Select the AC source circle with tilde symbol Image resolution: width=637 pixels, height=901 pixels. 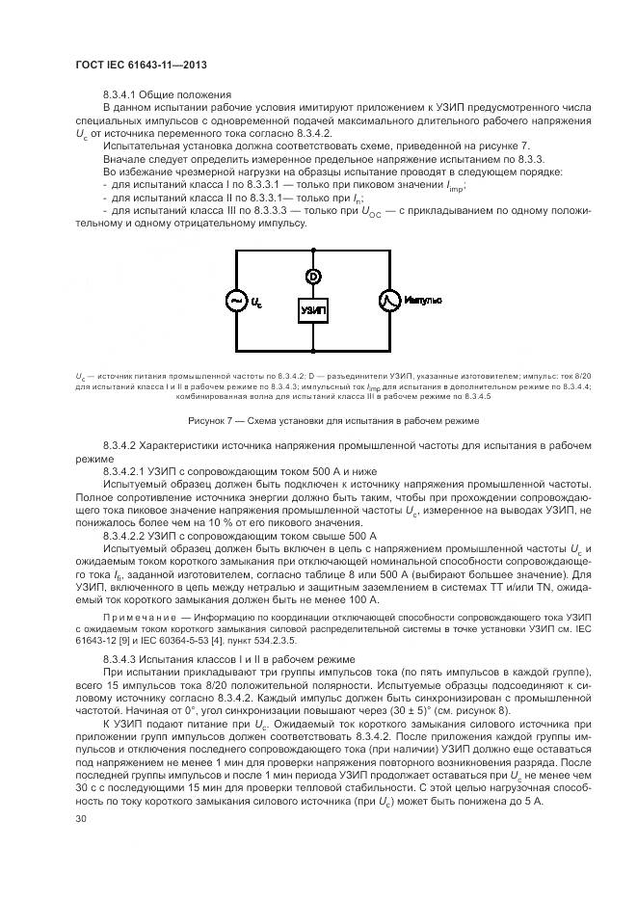[235, 302]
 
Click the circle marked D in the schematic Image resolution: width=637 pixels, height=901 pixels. [313, 276]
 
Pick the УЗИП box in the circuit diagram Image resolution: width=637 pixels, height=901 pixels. [313, 310]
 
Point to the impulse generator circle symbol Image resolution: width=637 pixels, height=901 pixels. [390, 302]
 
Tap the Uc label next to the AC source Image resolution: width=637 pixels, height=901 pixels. [256, 303]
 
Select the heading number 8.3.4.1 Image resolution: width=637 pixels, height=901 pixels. [120, 94]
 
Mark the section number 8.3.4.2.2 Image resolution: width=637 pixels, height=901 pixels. [129, 534]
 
